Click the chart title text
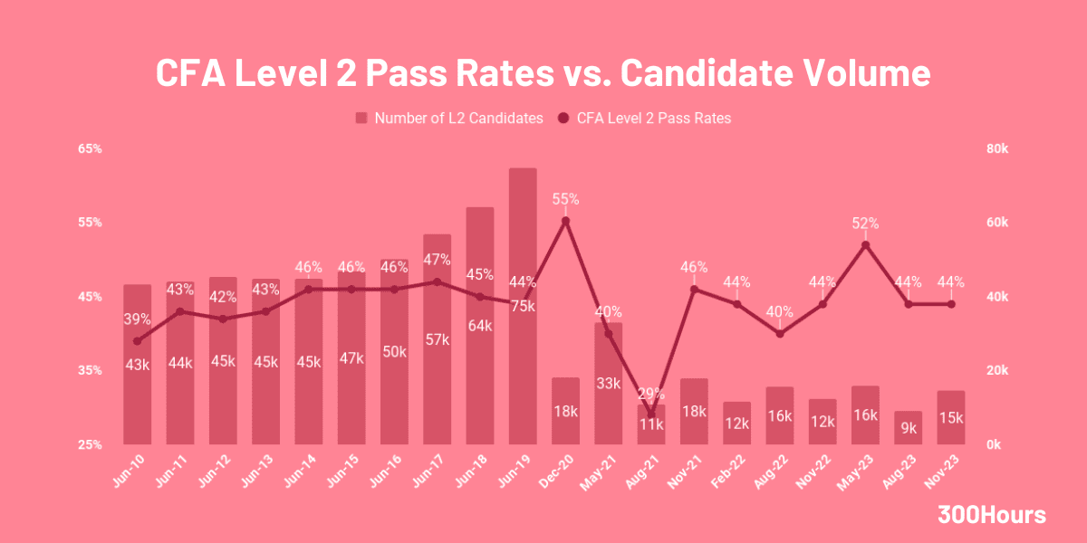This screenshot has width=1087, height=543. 543,73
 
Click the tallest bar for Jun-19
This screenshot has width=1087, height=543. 523,271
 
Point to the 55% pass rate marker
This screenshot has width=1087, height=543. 565,221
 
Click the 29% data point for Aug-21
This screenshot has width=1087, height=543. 650,415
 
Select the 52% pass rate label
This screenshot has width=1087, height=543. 865,224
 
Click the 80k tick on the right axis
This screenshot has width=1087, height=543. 997,148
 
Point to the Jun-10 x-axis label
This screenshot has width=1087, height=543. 132,467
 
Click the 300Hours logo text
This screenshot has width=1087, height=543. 991,516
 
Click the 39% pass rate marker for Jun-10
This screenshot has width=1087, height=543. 138,341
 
